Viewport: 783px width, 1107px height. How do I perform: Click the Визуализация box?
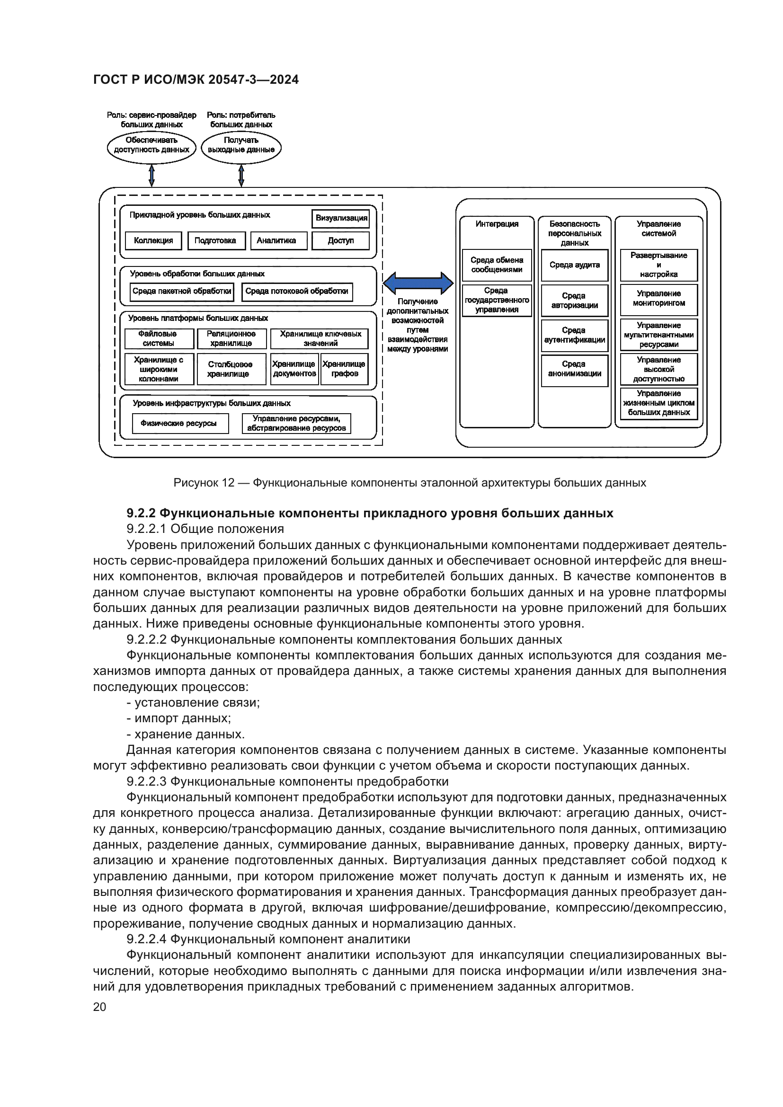(x=341, y=218)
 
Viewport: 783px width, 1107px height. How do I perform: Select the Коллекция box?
(x=153, y=240)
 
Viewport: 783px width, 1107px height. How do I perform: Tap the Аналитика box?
(x=278, y=240)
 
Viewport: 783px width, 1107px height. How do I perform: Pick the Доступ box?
(x=340, y=240)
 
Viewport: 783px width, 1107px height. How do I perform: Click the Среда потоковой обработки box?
(x=296, y=291)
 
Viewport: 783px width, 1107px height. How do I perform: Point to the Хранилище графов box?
(x=344, y=369)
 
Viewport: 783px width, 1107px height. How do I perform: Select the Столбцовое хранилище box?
(x=230, y=369)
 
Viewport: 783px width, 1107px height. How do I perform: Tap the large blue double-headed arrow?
(x=418, y=283)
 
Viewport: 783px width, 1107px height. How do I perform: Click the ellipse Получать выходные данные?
(x=241, y=147)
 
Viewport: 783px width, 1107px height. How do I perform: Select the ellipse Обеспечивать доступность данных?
(x=151, y=147)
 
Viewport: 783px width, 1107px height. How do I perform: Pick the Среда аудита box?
(x=574, y=265)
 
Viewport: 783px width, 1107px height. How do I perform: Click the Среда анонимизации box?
(x=574, y=369)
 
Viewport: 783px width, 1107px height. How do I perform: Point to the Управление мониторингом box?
(x=658, y=299)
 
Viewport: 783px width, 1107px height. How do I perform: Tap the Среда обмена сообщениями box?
(x=497, y=265)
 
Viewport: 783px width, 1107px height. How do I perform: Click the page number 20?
(x=99, y=1007)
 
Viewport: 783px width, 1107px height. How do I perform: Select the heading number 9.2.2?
(x=141, y=513)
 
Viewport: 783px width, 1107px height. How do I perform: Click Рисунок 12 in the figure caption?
(x=204, y=483)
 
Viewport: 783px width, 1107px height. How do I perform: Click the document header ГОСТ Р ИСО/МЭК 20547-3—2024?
(x=196, y=80)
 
